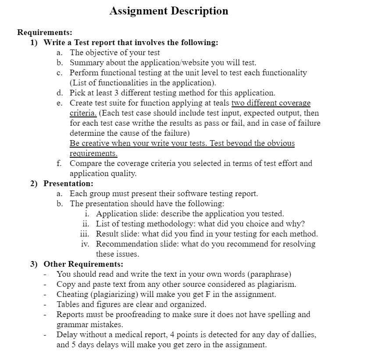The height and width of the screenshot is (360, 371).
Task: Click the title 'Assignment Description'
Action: [169, 11]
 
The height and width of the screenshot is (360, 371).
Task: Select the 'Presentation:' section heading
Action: [68, 184]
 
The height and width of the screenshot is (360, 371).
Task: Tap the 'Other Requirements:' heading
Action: [83, 264]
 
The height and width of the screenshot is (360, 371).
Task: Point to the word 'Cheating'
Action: [72, 294]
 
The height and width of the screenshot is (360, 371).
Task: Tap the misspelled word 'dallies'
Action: [303, 335]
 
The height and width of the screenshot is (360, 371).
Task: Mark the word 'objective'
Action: [101, 53]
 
